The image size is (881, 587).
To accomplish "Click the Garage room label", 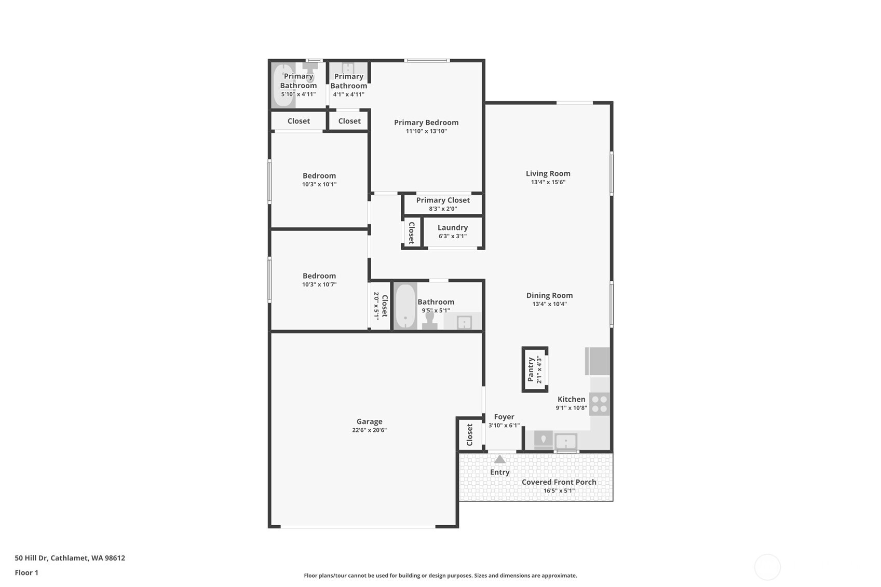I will (x=369, y=421).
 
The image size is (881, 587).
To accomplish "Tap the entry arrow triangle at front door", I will (x=499, y=459).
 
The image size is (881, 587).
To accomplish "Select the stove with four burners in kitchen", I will (x=600, y=404).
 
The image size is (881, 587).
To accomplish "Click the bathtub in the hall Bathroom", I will (x=405, y=306).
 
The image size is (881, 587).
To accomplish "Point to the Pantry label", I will (x=531, y=369).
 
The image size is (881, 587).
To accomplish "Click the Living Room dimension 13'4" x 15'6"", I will (x=548, y=182).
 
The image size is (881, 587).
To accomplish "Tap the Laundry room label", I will (x=452, y=227).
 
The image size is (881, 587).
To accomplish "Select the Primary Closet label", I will (x=443, y=200).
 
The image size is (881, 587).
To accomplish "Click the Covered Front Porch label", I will (x=559, y=482).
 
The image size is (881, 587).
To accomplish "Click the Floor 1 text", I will (x=26, y=572).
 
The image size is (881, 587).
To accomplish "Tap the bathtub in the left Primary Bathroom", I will (x=283, y=85).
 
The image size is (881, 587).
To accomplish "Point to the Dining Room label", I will (x=549, y=295).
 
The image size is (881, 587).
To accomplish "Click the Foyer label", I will (x=504, y=417).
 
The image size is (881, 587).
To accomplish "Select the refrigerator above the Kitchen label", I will (x=598, y=361).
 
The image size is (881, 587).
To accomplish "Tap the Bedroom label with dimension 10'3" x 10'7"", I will (x=319, y=276).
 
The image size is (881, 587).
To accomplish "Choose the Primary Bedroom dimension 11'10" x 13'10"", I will (x=426, y=131).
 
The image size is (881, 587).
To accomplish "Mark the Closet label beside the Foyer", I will (x=470, y=434).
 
